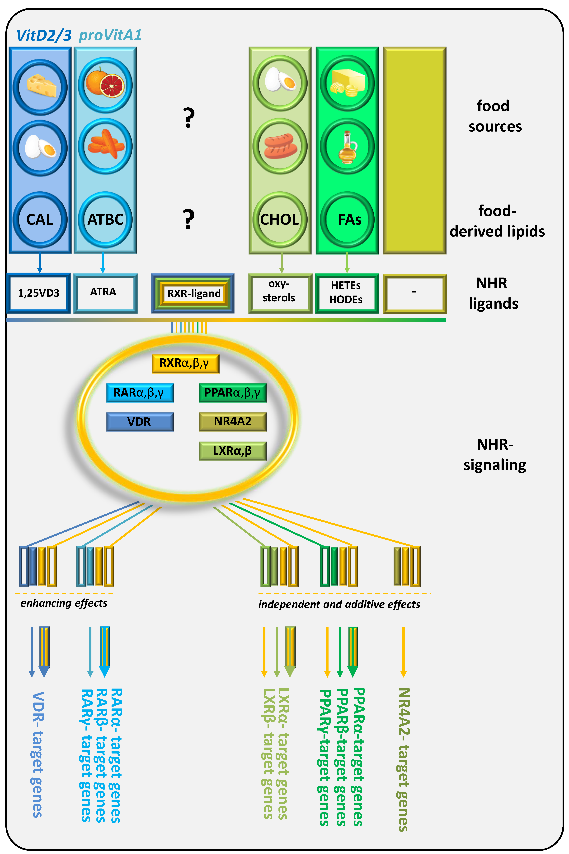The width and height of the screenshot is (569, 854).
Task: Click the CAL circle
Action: click(x=40, y=219)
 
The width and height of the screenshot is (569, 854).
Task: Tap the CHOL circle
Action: click(x=280, y=219)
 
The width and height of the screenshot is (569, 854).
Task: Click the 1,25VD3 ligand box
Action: click(x=38, y=293)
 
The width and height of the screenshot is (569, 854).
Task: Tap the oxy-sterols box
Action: click(x=280, y=293)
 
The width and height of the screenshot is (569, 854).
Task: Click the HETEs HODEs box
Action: click(x=347, y=293)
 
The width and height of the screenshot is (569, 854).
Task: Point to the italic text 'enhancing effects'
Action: click(x=64, y=603)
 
